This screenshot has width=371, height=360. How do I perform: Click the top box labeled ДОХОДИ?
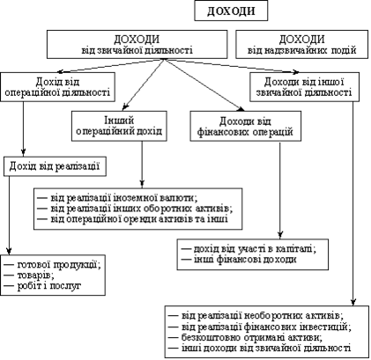click(x=231, y=11)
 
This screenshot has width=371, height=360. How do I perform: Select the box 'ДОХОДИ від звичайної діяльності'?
click(x=137, y=44)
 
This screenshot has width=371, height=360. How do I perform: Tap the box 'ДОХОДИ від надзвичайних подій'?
click(x=301, y=44)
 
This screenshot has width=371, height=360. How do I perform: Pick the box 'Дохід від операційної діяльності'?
click(x=57, y=87)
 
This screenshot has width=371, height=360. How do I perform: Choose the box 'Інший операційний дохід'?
click(x=119, y=126)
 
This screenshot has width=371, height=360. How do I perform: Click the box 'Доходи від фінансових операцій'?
click(x=246, y=126)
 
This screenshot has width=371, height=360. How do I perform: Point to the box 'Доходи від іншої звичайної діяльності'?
click(x=304, y=87)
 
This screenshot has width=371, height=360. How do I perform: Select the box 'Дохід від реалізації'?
click(x=55, y=166)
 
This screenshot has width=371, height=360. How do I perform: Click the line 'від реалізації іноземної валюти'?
click(x=117, y=198)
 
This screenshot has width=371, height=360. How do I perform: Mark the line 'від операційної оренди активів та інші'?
click(x=133, y=219)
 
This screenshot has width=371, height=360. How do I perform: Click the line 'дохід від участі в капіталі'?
click(x=249, y=249)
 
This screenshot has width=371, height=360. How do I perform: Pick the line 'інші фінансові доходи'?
click(x=239, y=260)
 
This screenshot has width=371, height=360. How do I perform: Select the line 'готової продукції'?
click(x=53, y=265)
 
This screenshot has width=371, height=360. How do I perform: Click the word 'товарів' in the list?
click(x=35, y=276)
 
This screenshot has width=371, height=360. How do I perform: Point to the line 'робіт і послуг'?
click(x=42, y=286)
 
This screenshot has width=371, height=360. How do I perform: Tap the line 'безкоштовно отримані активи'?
click(x=245, y=337)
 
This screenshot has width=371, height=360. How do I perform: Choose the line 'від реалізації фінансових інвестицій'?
click(x=260, y=327)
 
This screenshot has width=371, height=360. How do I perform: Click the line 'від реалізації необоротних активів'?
click(x=256, y=316)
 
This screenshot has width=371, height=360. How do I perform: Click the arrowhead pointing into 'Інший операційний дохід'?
click(x=125, y=107)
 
